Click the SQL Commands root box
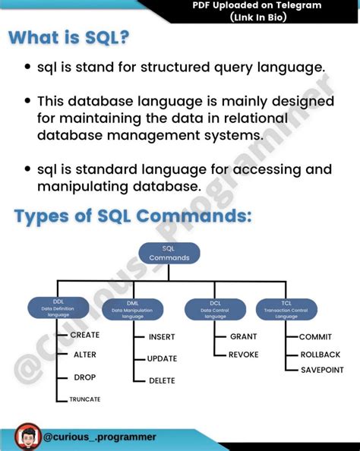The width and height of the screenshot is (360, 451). tap(169, 253)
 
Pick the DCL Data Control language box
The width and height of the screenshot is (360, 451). tap(216, 307)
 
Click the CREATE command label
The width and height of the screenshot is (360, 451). tap(85, 335)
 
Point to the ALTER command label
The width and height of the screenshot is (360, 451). tap(84, 355)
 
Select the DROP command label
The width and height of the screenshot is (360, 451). tap(84, 377)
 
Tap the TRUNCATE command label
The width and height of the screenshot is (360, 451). tap(85, 399)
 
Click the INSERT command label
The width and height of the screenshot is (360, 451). tap(162, 336)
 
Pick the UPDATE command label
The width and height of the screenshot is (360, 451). tap(162, 358)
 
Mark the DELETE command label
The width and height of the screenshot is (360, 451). tap(162, 380)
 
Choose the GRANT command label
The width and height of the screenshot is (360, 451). tap(244, 336)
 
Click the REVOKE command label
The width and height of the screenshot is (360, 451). tap(244, 355)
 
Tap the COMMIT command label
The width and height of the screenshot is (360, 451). tap(315, 336)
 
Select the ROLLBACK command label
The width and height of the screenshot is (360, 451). tap(320, 353)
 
